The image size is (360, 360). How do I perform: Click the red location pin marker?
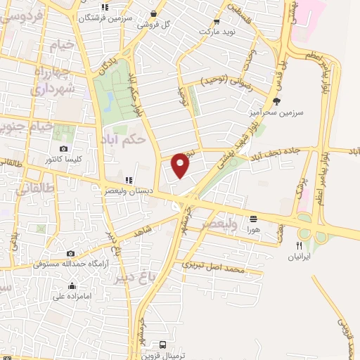pyautogui.click(x=181, y=165)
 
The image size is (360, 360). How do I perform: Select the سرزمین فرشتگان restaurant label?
pyautogui.click(x=105, y=18)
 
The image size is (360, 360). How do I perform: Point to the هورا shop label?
pyautogui.click(x=252, y=229)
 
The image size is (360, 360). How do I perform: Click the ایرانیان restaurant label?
pyautogui.click(x=299, y=257)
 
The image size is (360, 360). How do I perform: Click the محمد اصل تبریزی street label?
pyautogui.click(x=214, y=268)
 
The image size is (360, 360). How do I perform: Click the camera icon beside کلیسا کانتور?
pyautogui.click(x=64, y=149)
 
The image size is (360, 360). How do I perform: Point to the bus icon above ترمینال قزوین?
pyautogui.click(x=163, y=345)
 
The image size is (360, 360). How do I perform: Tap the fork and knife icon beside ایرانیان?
pyautogui.click(x=299, y=245)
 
